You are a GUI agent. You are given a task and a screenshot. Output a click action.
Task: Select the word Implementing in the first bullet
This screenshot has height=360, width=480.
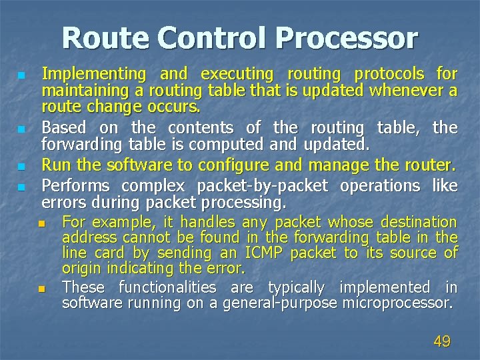93,74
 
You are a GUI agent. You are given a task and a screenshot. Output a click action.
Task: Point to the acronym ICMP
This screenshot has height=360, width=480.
265,253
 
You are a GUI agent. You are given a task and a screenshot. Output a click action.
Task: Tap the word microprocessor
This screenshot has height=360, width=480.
397,303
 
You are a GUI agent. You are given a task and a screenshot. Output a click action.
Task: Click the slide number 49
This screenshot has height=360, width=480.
442,342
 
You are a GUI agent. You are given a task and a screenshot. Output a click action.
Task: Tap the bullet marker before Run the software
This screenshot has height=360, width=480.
22,165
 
